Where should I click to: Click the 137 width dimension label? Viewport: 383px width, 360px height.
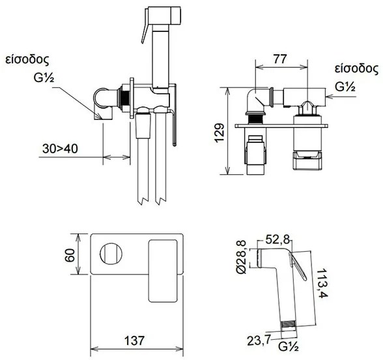pyautogui.click(x=134, y=340)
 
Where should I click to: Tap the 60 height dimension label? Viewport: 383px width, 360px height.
pyautogui.click(x=70, y=256)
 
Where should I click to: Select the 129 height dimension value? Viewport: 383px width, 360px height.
pyautogui.click(x=219, y=132)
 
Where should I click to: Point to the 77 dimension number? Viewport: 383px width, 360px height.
pyautogui.click(x=280, y=59)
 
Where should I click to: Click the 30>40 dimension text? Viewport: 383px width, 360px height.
pyautogui.click(x=60, y=149)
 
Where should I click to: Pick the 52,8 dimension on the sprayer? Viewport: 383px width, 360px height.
pyautogui.click(x=277, y=239)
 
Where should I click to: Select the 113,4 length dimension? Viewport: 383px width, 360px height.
pyautogui.click(x=322, y=283)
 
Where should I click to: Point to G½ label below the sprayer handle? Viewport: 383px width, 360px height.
pyautogui.click(x=289, y=346)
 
